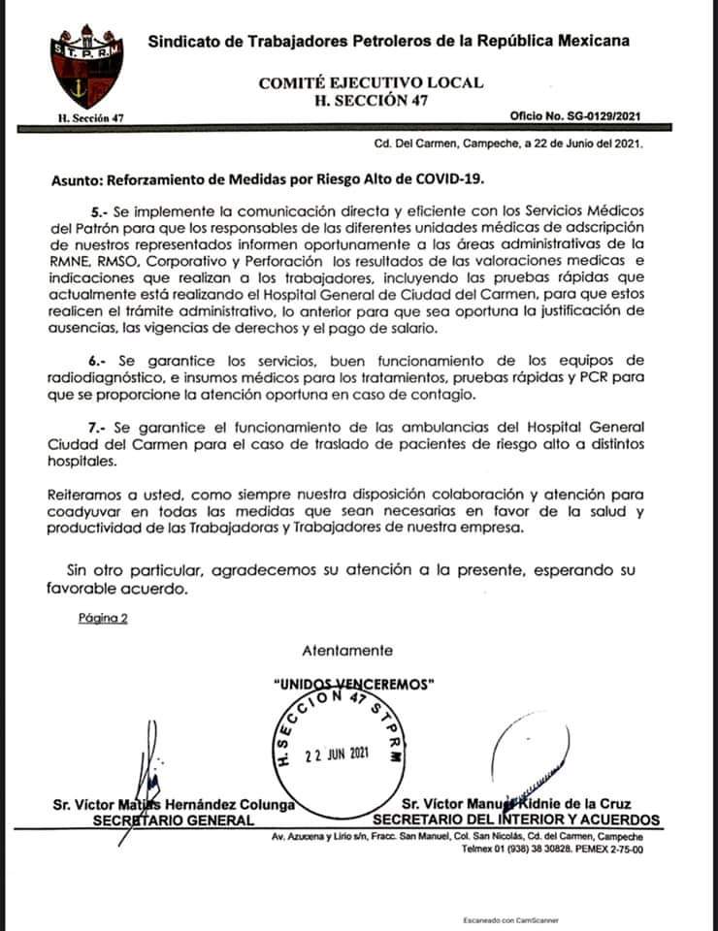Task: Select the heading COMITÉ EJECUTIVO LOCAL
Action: pyautogui.click(x=371, y=83)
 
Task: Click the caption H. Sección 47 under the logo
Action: pyautogui.click(x=86, y=118)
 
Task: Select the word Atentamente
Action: pyautogui.click(x=347, y=650)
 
